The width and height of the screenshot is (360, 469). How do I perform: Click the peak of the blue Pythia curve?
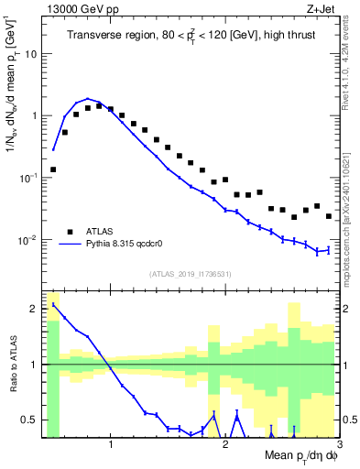[88, 98]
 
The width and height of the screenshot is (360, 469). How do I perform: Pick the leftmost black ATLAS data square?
[53, 169]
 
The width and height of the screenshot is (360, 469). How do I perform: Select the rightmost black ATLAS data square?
[328, 216]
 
